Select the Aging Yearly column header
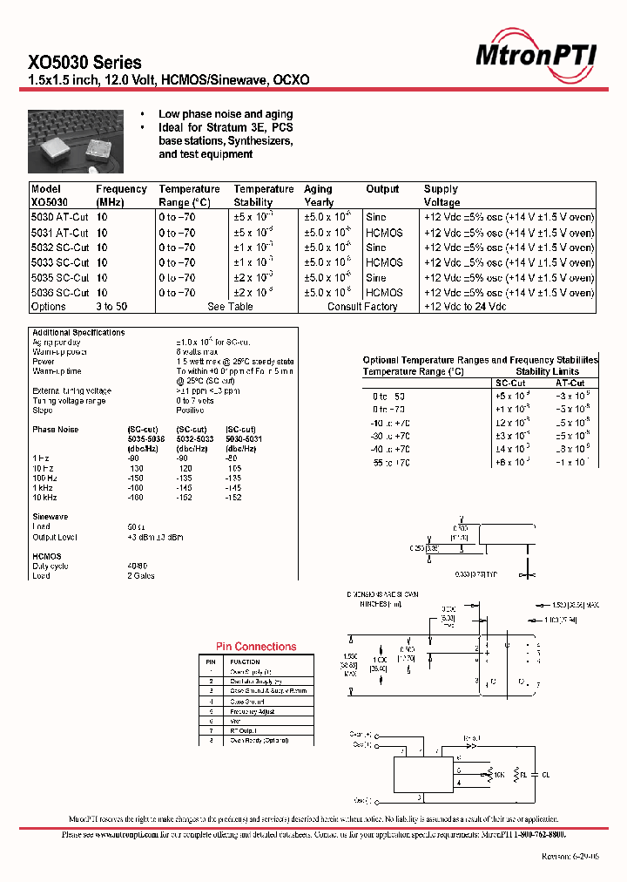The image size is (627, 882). coord(318,195)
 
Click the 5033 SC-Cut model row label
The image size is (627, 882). coord(60,262)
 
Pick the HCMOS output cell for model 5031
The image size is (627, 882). coord(384,234)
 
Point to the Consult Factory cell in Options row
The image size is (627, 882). coord(362,307)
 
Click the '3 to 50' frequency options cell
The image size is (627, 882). coord(111,307)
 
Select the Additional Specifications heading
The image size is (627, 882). coord(78,333)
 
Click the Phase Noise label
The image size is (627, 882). coord(55,430)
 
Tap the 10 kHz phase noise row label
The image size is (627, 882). coord(44,498)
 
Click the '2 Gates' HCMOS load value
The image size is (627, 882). coord(140,576)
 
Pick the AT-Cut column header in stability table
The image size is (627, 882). coord(570,383)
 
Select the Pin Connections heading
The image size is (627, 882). coord(256,647)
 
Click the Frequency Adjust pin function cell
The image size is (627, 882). coord(253,711)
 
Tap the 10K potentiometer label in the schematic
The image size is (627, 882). coord(500,773)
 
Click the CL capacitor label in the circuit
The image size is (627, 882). coord(546,773)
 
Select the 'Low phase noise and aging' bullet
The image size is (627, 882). coord(226,114)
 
